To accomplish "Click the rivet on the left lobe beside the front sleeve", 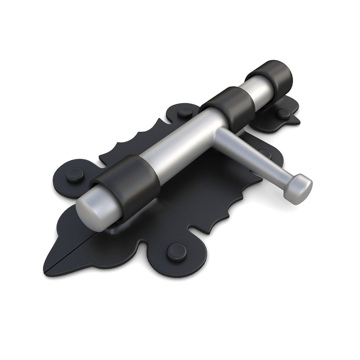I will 75,175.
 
